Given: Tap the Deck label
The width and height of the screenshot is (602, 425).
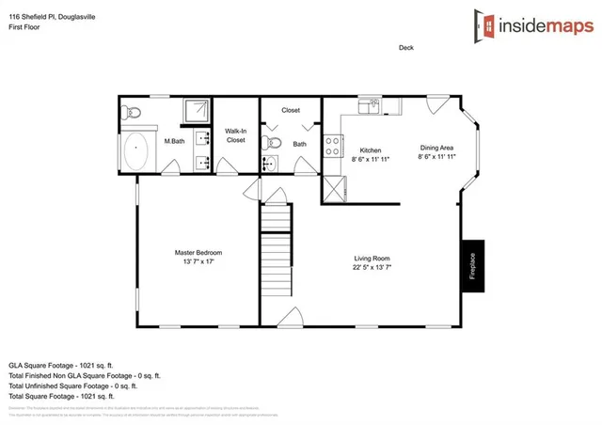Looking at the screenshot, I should [x=405, y=48].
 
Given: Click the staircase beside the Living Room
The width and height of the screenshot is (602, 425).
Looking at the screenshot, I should [x=276, y=253].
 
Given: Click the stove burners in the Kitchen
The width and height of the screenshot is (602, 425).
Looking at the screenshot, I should [x=332, y=146].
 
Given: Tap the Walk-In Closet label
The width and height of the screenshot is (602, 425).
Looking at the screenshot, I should [x=235, y=135].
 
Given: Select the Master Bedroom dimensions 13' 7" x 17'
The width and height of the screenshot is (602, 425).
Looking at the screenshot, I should [x=198, y=262].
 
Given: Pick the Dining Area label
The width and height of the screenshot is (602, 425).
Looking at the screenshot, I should [x=436, y=148].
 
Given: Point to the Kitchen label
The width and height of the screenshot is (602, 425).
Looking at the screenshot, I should [x=370, y=150].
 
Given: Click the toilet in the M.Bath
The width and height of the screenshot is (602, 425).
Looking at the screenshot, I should [x=133, y=112].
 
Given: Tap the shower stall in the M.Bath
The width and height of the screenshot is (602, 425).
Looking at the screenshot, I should [x=197, y=110].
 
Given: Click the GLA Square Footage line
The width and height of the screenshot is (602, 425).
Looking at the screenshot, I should [x=61, y=364].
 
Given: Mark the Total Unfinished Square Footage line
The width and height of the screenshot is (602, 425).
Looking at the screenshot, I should [x=73, y=386].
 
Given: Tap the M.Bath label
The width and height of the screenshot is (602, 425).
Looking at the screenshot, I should [x=173, y=142].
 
